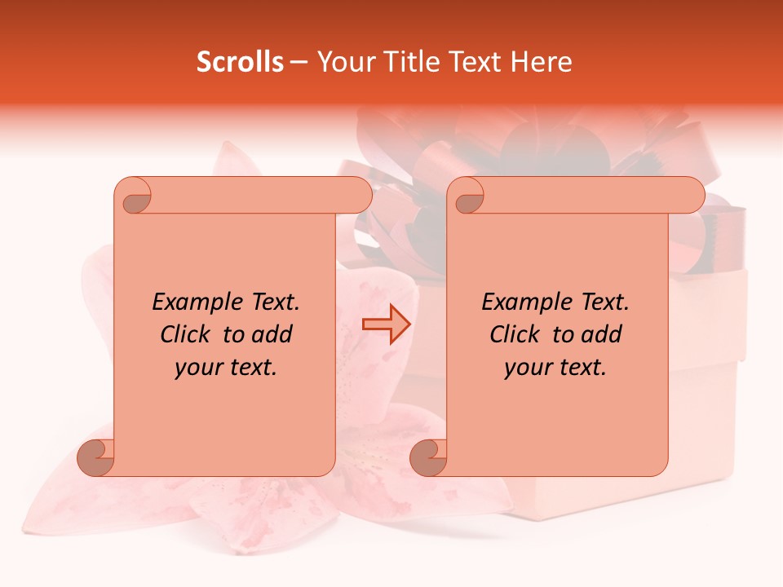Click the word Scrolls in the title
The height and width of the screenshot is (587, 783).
pos(240,62)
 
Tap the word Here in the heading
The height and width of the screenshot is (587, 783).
pos(541,62)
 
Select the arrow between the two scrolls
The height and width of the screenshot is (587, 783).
pos(387,324)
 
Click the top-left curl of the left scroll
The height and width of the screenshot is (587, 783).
pos(134,196)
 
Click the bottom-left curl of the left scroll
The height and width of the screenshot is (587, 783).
pos(96,457)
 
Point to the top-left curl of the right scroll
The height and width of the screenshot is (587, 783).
pos(467,196)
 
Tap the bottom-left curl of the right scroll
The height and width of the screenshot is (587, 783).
pos(429,457)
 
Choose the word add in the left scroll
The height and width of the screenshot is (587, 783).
pos(272,334)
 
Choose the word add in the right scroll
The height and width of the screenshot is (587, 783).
pos(602,334)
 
